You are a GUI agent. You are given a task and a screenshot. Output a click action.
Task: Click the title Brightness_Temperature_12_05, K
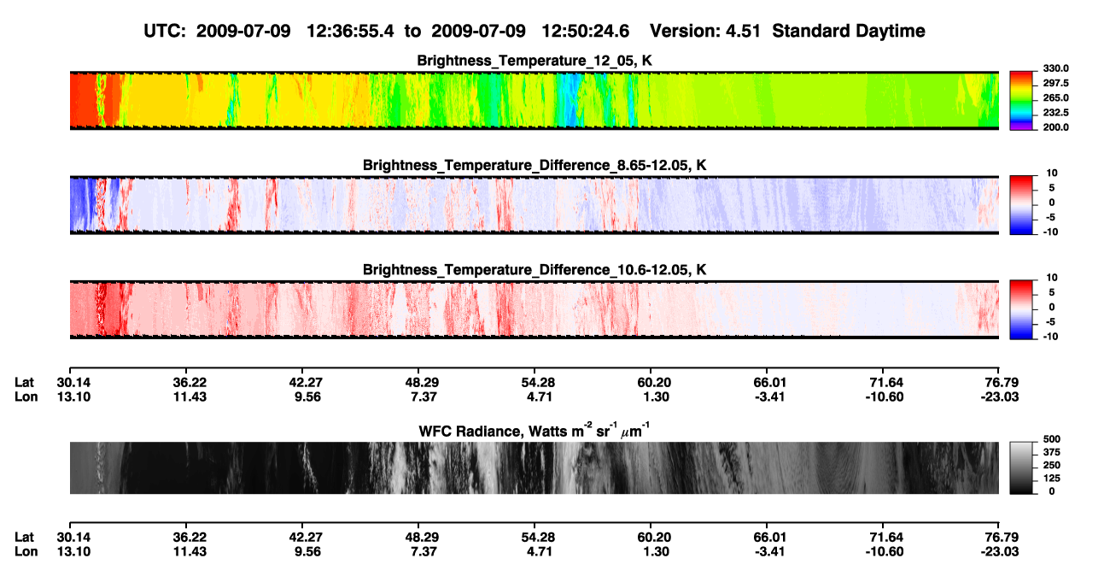[x=535, y=61]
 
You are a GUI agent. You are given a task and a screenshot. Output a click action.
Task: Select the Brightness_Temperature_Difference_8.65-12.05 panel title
[x=535, y=165]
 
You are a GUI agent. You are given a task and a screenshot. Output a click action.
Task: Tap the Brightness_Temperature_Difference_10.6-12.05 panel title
[x=535, y=270]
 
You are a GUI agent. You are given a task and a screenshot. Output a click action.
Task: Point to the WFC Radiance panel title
[x=535, y=431]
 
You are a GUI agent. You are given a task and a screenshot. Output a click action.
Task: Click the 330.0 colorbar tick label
[x=1055, y=68]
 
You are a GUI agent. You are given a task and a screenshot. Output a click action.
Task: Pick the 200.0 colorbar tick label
[x=1055, y=127]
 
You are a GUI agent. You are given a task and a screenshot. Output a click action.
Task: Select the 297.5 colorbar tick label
[x=1055, y=84]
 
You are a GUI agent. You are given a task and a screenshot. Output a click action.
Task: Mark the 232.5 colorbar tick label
[x=1055, y=113]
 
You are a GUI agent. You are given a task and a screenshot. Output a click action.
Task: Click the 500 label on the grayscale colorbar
[x=1052, y=439]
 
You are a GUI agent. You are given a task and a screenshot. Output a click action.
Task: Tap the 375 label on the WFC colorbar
[x=1052, y=452]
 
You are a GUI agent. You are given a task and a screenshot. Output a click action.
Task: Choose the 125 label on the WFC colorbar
[x=1052, y=479]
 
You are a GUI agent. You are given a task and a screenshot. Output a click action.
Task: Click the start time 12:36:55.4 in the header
[x=350, y=32]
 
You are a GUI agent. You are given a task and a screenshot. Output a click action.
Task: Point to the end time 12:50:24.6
[x=585, y=32]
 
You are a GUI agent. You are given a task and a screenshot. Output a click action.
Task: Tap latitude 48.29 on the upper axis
[x=422, y=383]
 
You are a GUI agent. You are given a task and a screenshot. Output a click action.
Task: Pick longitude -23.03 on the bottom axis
[x=1000, y=552]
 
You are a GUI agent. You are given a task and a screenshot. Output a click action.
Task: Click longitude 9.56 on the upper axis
[x=307, y=397]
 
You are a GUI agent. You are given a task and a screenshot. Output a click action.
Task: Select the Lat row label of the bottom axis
[x=24, y=538]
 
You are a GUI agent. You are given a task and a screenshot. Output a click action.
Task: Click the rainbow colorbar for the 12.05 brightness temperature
[x=1021, y=101]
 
